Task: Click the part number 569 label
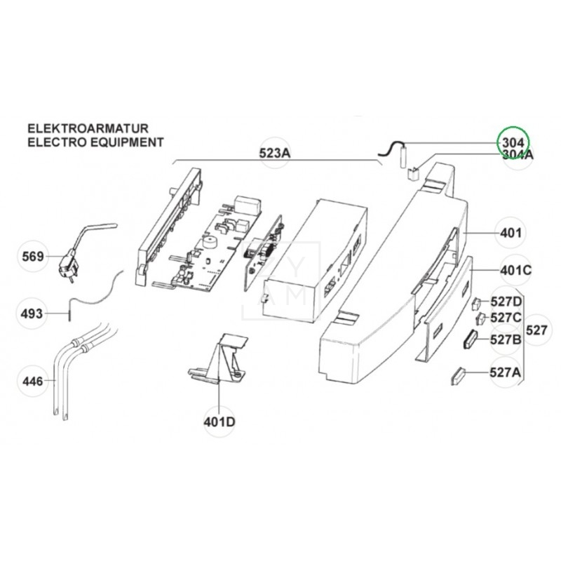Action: coord(33,257)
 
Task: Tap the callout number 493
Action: coord(33,313)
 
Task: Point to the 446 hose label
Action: coord(33,382)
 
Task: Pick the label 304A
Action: coord(518,155)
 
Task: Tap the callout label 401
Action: coord(510,233)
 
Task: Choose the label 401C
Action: coord(515,270)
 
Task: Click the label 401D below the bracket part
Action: coord(219,421)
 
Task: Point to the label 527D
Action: coord(506,302)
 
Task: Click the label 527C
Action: coord(506,318)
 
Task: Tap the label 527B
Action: coord(506,339)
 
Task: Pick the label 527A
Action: coord(506,373)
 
